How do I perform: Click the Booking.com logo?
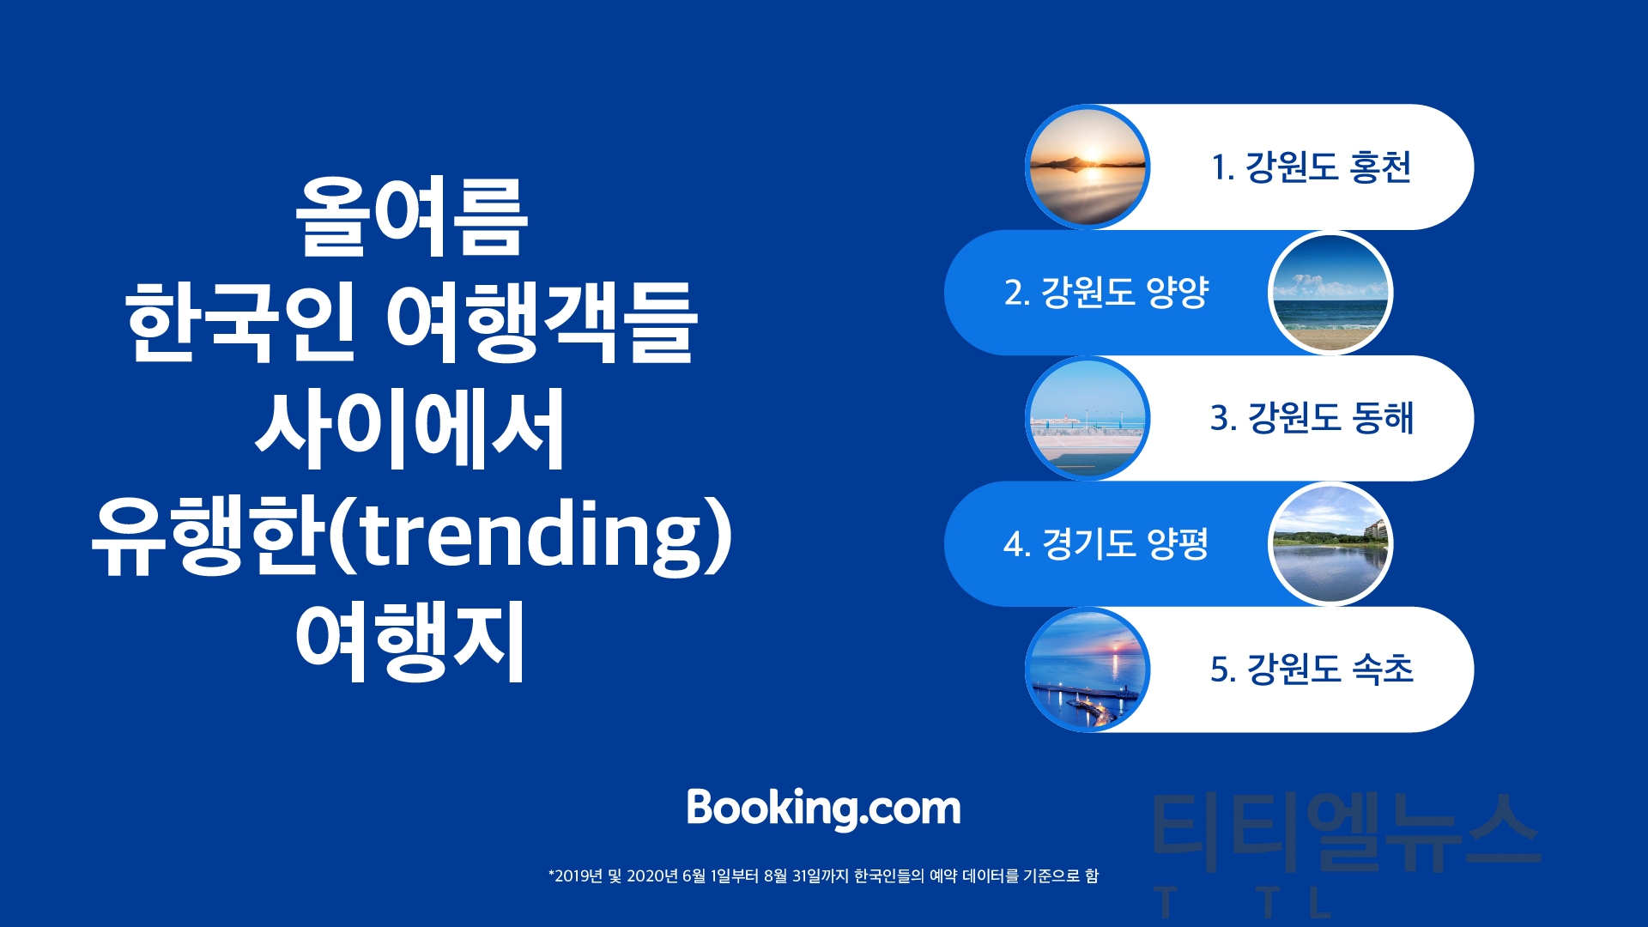click(823, 809)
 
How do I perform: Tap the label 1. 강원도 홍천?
click(1311, 167)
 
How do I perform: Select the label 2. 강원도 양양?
click(1106, 292)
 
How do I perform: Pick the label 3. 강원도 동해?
click(1312, 418)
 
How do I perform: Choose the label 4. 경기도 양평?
click(1106, 543)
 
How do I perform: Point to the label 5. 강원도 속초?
click(1312, 669)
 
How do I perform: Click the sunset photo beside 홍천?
click(1088, 167)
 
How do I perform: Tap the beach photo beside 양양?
click(1330, 293)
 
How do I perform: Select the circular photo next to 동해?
click(1088, 418)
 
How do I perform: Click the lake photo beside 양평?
click(1330, 544)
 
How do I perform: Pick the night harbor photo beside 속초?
click(1088, 669)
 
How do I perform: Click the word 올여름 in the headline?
click(411, 216)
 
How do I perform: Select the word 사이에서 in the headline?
click(410, 428)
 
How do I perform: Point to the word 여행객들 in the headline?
click(542, 323)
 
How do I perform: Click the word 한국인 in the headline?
click(240, 323)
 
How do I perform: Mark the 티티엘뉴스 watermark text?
click(1346, 831)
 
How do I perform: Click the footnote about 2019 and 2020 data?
click(823, 875)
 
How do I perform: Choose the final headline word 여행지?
click(410, 641)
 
